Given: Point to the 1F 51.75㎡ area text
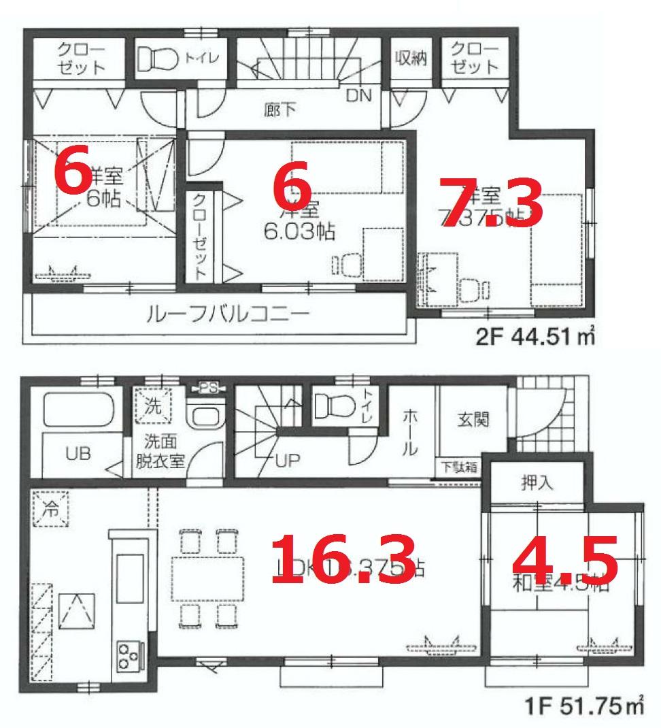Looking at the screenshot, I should [584, 708].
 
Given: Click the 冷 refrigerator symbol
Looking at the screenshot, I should [52, 508].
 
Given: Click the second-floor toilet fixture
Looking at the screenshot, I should [157, 59].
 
